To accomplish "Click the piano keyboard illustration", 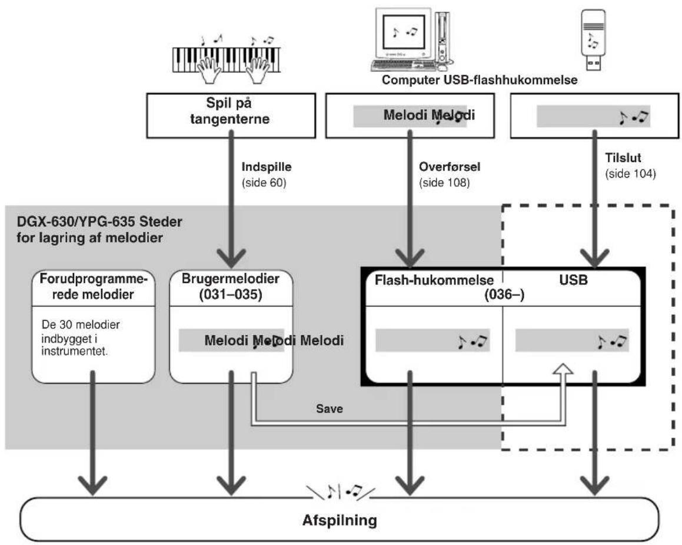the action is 226,59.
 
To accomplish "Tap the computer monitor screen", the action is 403,32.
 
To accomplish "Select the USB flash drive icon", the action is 593,39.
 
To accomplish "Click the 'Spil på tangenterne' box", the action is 231,116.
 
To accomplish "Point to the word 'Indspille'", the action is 267,167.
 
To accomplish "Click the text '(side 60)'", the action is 264,182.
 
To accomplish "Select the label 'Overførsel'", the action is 450,167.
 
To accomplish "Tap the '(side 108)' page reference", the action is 444,182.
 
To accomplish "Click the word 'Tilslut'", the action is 623,158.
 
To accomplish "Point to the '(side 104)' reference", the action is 631,174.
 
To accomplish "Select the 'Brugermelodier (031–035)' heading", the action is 231,286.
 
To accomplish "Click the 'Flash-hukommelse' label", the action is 434,280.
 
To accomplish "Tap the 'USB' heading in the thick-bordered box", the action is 573,280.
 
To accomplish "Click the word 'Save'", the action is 330,409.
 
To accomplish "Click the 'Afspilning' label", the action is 340,520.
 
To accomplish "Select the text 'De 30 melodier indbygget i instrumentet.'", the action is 81,338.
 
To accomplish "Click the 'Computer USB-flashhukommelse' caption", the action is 480,80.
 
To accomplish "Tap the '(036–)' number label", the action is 504,295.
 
